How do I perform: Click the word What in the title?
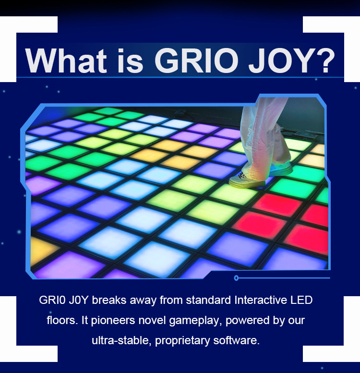[x=66, y=60]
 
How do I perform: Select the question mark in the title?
[x=324, y=60]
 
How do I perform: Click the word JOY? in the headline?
[x=292, y=60]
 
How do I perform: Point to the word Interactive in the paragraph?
[x=261, y=300]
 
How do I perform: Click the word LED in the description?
[x=301, y=300]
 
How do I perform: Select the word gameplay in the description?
[x=194, y=321]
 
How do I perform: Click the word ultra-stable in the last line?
[x=121, y=341]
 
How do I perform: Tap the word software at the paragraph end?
[x=235, y=340]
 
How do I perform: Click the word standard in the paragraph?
[x=208, y=300]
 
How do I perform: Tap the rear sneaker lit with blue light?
[x=281, y=168]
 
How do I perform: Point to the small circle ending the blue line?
[x=236, y=278]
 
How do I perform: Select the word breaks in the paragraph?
[x=109, y=300]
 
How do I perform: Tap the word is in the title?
[x=131, y=60]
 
